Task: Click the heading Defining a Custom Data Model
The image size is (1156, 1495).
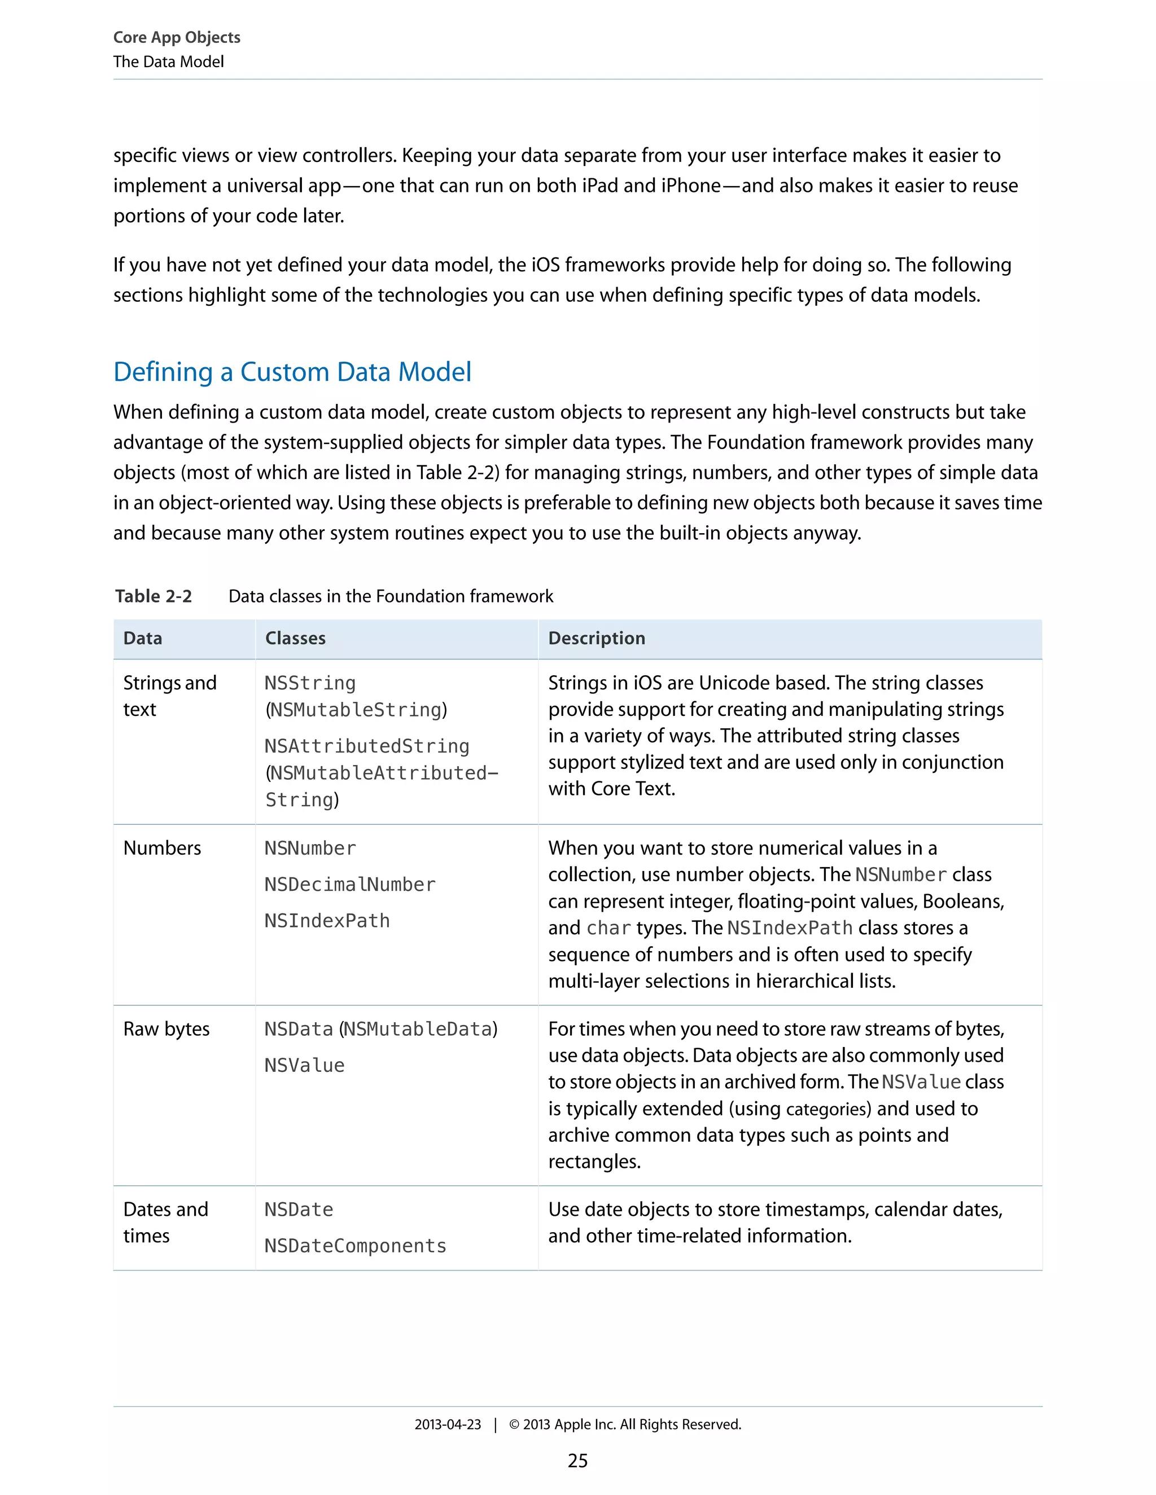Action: [x=292, y=372]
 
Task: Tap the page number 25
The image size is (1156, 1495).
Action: [x=577, y=1461]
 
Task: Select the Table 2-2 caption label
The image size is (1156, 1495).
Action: [x=154, y=596]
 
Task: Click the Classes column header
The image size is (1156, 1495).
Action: [x=295, y=638]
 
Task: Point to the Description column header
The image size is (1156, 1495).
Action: [x=597, y=638]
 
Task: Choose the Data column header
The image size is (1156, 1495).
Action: [x=142, y=638]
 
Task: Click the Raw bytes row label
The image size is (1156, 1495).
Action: [x=167, y=1029]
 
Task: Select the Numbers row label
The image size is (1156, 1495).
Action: [x=163, y=848]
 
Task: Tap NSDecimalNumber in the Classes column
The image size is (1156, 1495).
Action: [x=350, y=885]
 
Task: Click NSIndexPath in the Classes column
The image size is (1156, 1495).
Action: [x=327, y=921]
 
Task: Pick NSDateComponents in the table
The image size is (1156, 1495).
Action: [x=356, y=1246]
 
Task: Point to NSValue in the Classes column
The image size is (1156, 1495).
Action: [x=305, y=1065]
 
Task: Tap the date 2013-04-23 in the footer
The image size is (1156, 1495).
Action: [x=448, y=1424]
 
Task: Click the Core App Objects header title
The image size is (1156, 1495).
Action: [x=177, y=37]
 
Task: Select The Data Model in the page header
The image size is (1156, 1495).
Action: [x=168, y=61]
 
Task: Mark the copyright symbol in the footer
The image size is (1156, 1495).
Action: [x=514, y=1424]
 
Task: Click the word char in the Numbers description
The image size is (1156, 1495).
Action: [x=609, y=928]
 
